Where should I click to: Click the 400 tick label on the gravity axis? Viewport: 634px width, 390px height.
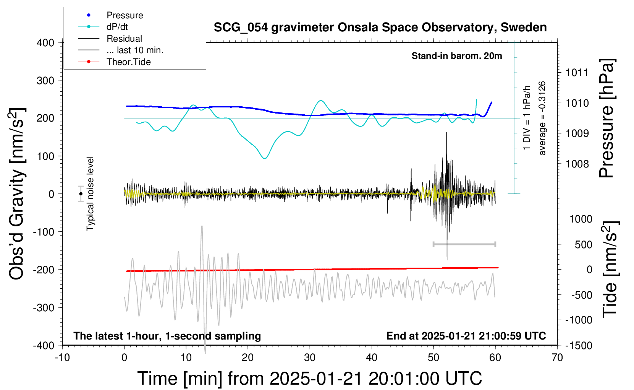coord(45,43)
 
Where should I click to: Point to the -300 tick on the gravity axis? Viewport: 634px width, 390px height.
coord(44,307)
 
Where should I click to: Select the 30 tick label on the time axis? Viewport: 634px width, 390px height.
coord(310,357)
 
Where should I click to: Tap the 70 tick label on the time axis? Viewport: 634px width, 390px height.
coord(557,357)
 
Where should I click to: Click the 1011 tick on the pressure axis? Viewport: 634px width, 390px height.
coord(577,73)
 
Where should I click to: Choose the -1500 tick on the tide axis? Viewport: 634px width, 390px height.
coord(579,346)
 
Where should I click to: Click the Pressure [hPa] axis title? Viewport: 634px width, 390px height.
coord(607,118)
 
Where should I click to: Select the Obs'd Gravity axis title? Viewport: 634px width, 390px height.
coord(16,194)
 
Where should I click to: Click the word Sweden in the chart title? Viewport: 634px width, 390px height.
coord(524,28)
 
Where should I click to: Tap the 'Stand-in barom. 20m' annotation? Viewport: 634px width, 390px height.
coord(457,56)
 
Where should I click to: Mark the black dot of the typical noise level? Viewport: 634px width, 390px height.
coord(81,194)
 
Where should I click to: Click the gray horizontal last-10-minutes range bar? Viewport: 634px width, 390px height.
coord(464,244)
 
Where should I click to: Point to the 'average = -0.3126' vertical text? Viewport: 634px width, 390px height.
coord(542,118)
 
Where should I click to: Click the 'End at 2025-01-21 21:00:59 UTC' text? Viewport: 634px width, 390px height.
coord(466,336)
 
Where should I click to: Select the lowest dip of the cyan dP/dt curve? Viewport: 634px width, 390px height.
coord(264,158)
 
